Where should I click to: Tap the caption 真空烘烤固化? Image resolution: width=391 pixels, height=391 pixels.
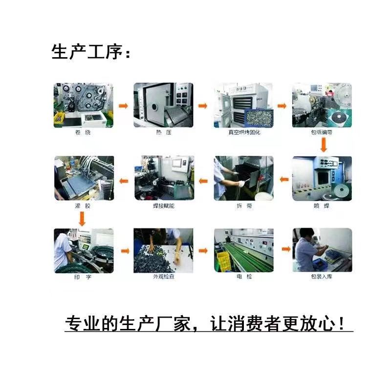[x=243, y=132]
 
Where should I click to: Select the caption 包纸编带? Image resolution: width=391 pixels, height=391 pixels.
[x=322, y=132]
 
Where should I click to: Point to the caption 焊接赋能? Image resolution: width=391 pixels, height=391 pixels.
[x=164, y=206]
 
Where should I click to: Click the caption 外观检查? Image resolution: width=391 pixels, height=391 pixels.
[x=164, y=278]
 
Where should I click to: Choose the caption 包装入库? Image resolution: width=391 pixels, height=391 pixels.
[x=322, y=278]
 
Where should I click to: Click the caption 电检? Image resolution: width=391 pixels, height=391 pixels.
[x=243, y=278]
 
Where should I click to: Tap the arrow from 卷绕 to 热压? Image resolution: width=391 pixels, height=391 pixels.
[x=124, y=106]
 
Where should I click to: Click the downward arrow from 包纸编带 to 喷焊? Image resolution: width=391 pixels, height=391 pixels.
[x=323, y=145]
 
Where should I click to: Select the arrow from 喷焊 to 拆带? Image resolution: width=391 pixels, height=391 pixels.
[x=282, y=180]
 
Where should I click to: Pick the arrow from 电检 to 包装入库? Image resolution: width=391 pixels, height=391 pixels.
[x=282, y=251]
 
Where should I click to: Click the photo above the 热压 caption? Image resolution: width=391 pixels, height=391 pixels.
[x=163, y=105]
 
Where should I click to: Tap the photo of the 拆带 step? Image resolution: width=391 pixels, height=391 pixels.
[x=243, y=178]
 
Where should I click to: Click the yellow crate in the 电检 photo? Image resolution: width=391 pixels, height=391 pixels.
[x=224, y=261]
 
